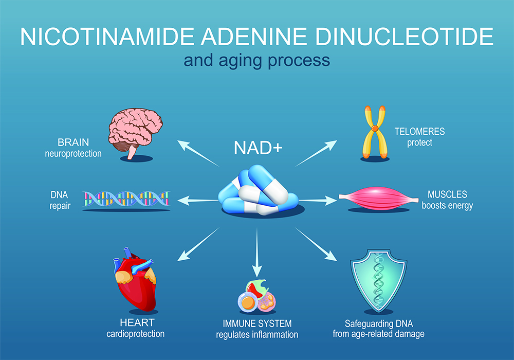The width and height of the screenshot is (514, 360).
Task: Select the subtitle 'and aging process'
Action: (257, 61)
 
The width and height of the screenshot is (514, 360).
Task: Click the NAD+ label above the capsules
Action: (258, 148)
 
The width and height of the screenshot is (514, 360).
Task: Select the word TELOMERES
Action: (420, 132)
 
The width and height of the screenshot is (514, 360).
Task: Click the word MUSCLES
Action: (447, 194)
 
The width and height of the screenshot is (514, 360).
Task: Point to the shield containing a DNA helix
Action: (379, 278)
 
